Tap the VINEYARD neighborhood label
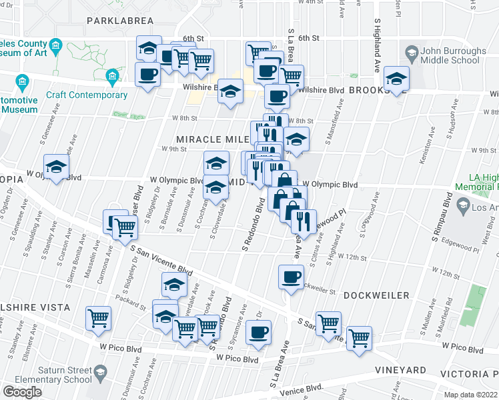(x=401, y=370)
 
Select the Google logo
(x=22, y=392)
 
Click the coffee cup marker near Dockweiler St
(x=291, y=277)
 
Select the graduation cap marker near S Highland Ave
(x=396, y=79)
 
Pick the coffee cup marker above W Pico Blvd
(x=258, y=332)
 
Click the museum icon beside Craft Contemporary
(x=112, y=78)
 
